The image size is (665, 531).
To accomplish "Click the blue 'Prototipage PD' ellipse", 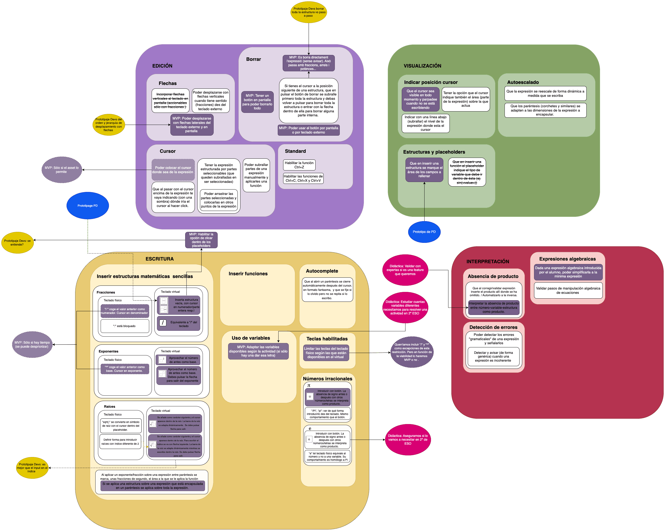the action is (87, 205).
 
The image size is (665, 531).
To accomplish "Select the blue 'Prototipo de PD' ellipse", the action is (424, 232).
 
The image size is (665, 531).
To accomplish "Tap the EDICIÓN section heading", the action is (162, 66).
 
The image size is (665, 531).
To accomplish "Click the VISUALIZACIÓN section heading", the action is (422, 66).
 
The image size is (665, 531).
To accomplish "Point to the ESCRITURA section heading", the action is (159, 259).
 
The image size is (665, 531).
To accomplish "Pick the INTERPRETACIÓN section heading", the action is (488, 262).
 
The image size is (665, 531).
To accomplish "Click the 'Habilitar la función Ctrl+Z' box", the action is (299, 165).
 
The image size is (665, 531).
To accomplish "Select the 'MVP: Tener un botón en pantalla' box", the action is (257, 102).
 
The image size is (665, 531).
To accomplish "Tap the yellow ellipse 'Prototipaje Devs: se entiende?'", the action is (18, 243).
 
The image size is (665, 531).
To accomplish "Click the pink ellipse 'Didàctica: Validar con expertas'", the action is (405, 270).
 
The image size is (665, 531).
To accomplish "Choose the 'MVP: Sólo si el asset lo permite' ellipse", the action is (62, 170).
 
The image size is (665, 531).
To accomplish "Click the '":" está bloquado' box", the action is (125, 326).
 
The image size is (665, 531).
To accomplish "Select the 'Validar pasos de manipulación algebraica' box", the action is (568, 291).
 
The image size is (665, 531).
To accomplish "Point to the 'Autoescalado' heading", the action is (523, 82).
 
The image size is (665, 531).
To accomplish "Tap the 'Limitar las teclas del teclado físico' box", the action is (326, 353).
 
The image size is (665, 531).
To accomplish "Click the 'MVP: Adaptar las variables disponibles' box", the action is (258, 351).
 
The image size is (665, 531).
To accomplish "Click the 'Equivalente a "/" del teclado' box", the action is (178, 324).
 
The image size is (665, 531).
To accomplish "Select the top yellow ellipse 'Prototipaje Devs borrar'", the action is (308, 12).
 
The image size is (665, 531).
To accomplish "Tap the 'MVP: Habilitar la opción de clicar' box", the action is (201, 240).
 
